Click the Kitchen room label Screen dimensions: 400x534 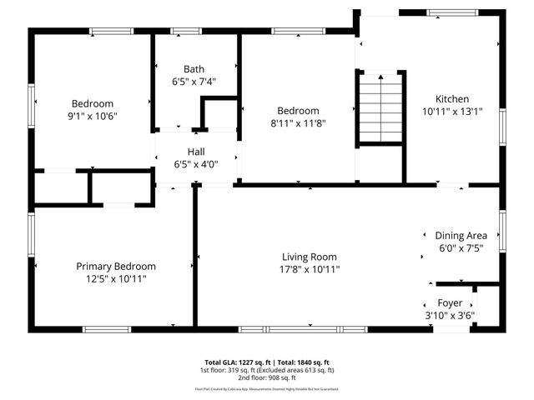(x=451, y=98)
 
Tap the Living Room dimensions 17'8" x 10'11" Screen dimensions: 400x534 (x=310, y=269)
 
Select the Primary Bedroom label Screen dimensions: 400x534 (x=116, y=267)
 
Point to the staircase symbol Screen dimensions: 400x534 (x=380, y=107)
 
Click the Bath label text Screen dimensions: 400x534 (x=194, y=69)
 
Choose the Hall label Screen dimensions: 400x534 (x=196, y=152)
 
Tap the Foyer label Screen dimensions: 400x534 (x=450, y=303)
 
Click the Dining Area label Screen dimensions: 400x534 (x=461, y=236)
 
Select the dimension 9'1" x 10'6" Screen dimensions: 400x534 (x=93, y=117)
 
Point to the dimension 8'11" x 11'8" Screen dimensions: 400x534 (x=298, y=123)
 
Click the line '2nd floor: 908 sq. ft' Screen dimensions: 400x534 (x=266, y=377)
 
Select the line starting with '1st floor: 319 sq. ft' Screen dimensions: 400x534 (x=266, y=370)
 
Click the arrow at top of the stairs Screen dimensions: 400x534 (x=380, y=77)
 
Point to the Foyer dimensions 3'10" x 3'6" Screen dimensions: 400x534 (x=450, y=316)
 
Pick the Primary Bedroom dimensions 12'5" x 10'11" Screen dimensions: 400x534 (x=116, y=279)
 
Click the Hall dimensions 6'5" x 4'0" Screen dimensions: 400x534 (x=196, y=164)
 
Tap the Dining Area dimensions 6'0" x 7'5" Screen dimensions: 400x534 (x=461, y=248)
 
